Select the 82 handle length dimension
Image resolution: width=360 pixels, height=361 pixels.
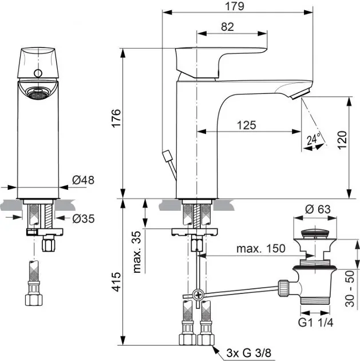tap(227, 26)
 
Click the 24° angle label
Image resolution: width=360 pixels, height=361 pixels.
tap(312, 139)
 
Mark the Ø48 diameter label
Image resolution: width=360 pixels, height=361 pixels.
tap(83, 180)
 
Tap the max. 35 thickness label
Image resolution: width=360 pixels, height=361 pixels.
tap(136, 253)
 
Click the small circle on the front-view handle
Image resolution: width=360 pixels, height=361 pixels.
tap(39, 73)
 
